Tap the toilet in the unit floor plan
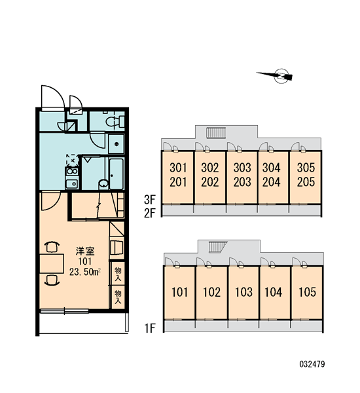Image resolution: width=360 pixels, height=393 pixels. click(x=115, y=122)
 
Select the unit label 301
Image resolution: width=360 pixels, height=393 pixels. click(x=178, y=168)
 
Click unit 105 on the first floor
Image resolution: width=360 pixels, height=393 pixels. click(x=308, y=292)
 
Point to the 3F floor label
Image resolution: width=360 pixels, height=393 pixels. click(x=150, y=200)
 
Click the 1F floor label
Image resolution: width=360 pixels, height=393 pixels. click(x=150, y=328)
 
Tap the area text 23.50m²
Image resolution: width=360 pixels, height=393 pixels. click(x=85, y=272)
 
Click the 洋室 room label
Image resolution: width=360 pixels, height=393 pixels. click(x=85, y=251)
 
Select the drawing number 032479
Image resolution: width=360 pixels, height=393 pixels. click(x=312, y=364)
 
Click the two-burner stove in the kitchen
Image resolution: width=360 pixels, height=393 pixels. click(x=72, y=172)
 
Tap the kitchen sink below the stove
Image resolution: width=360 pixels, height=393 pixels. click(x=72, y=183)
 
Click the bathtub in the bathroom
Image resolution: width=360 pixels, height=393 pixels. click(x=117, y=174)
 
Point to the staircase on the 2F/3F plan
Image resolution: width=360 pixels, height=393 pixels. click(x=216, y=132)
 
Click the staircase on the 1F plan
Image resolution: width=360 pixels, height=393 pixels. click(x=218, y=247)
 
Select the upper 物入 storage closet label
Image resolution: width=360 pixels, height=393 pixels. click(x=118, y=274)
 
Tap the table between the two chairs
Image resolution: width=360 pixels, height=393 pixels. click(x=52, y=263)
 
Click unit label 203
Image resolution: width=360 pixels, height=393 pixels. click(x=242, y=182)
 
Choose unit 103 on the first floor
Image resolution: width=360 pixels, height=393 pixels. click(x=243, y=292)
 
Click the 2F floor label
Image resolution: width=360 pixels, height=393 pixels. click(x=150, y=213)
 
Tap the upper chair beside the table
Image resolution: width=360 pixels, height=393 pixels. click(x=52, y=246)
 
